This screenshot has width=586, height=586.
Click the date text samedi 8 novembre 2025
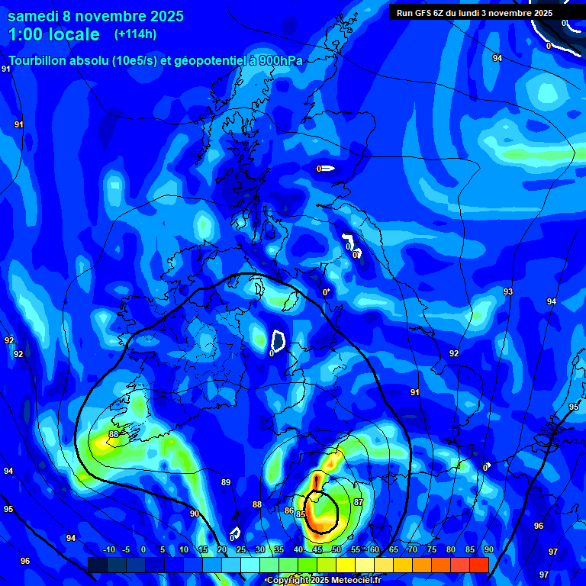(95, 16)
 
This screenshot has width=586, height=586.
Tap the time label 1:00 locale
(54, 34)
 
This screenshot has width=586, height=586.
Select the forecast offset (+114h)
(136, 34)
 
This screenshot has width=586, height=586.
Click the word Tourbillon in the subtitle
(38, 61)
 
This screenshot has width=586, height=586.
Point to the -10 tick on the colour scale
(108, 550)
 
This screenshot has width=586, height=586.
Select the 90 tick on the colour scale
(488, 550)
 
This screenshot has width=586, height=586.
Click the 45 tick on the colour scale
(317, 550)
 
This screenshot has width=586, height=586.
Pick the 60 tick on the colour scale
(375, 550)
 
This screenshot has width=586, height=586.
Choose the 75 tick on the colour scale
(432, 550)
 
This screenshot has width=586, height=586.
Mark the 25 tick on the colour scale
(241, 550)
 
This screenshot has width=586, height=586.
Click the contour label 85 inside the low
(301, 514)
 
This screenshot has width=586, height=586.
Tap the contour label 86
(289, 510)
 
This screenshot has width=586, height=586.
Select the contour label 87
(359, 501)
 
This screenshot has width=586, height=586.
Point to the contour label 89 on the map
(226, 482)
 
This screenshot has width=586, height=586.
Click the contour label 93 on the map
(508, 291)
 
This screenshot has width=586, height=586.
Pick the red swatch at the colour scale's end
(478, 565)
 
